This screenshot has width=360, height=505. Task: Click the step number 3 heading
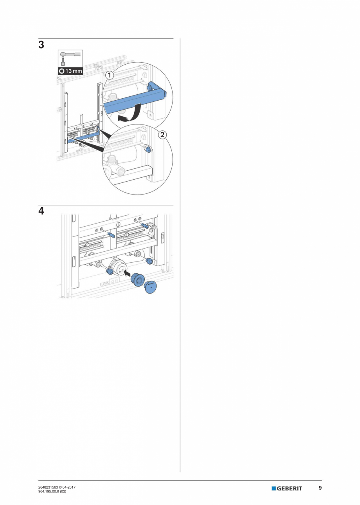click(41, 45)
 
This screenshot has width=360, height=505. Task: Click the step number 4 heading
click(41, 211)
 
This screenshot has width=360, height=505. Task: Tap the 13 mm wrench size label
click(70, 71)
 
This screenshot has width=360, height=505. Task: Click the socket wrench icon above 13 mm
click(70, 58)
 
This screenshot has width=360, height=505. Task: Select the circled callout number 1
click(110, 74)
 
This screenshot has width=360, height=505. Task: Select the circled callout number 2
click(162, 135)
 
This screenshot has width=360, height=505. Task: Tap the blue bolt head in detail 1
click(150, 87)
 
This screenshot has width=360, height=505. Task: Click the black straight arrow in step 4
click(129, 274)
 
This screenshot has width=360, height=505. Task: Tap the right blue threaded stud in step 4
click(145, 225)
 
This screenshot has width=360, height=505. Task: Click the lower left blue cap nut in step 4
click(110, 271)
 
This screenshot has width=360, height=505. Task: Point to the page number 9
click(320, 488)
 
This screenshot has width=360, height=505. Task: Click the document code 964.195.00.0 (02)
click(52, 491)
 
